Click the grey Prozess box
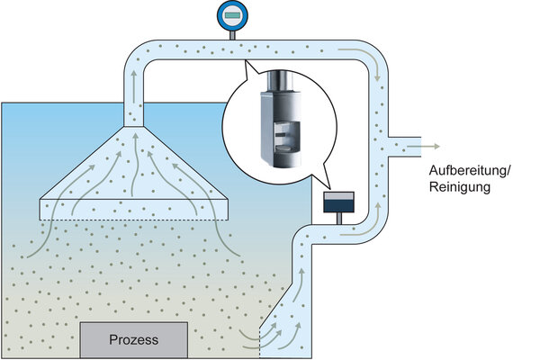tap(134, 340)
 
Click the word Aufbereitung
tap(467, 170)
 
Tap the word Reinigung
tap(459, 187)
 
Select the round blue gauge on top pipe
tap(232, 15)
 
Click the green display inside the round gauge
tap(232, 15)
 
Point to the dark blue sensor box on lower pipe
tap(338, 202)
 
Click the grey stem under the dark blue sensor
tap(339, 219)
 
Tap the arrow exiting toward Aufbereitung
tap(423, 147)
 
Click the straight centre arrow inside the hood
tap(135, 166)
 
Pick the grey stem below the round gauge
tap(232, 35)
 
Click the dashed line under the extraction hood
tap(134, 220)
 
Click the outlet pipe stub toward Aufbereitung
tap(405, 147)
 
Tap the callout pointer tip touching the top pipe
tap(245, 60)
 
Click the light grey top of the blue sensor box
tap(338, 195)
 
